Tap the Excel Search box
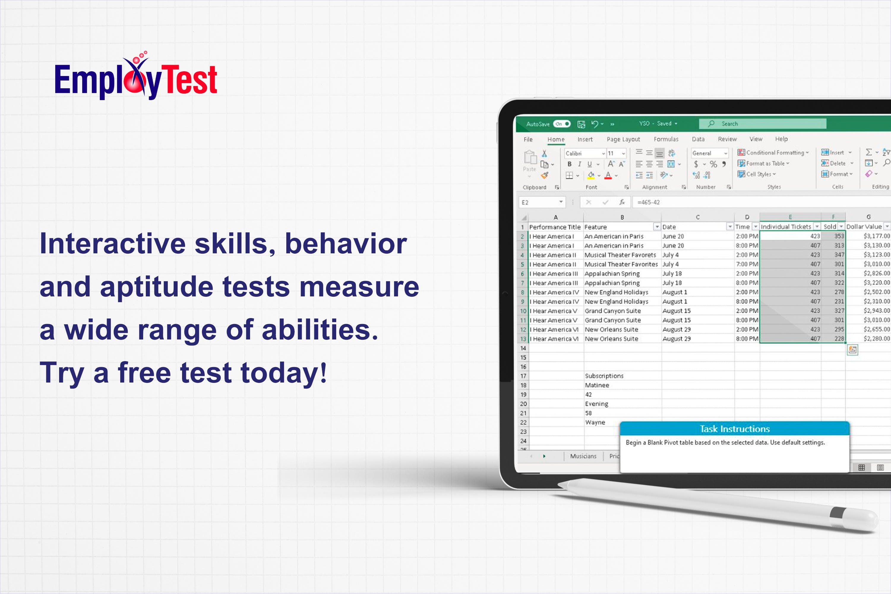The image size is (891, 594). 762,124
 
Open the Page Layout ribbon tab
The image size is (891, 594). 623,139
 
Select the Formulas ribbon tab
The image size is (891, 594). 666,139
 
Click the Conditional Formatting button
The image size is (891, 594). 773,153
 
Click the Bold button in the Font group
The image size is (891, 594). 569,164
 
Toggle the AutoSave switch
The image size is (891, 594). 562,124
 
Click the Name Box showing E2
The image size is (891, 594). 542,202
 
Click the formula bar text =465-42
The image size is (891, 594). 649,202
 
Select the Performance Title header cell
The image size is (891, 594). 556,227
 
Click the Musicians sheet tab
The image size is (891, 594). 583,456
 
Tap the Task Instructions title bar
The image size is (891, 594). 734,429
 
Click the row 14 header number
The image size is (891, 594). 523,348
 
